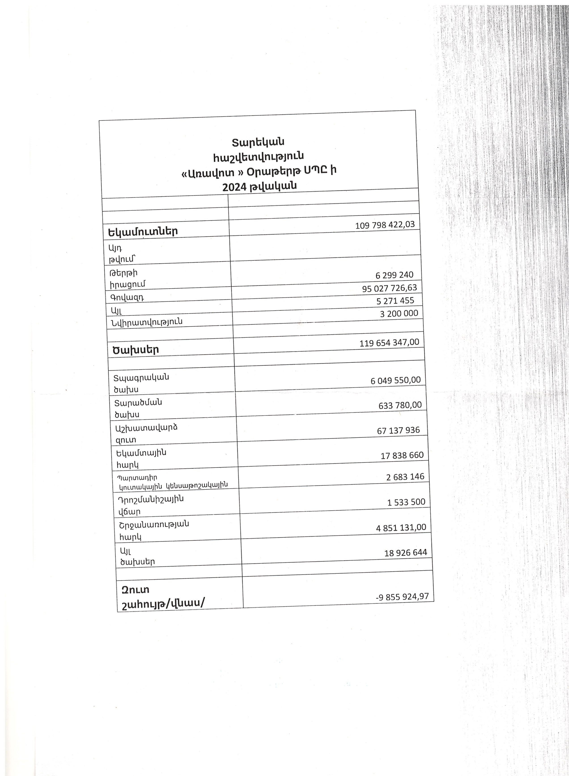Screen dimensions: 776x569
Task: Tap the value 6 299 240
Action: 394,275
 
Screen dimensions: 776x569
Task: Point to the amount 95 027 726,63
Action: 389,288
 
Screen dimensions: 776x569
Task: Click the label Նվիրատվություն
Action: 146,322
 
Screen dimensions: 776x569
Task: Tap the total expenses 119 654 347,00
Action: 389,343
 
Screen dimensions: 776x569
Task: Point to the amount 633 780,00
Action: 400,405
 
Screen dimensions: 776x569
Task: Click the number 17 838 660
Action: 402,455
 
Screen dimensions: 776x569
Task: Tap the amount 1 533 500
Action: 406,502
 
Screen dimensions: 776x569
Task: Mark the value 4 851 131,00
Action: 401,527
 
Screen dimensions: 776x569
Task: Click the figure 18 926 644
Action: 406,553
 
